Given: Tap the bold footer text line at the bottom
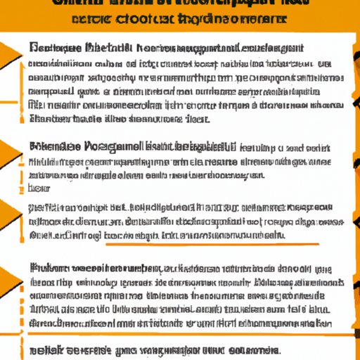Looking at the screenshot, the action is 155,349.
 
